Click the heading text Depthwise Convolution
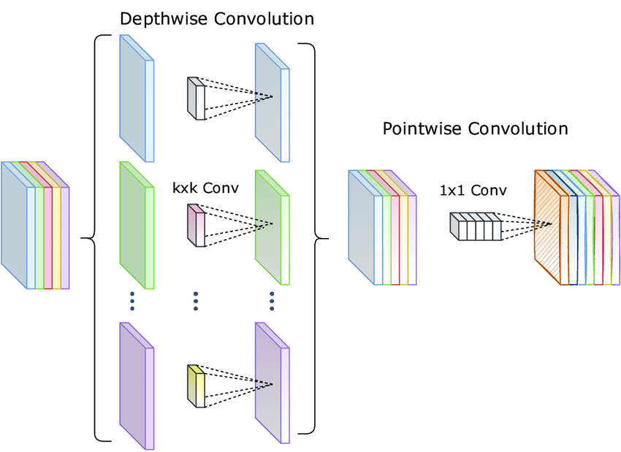click(217, 18)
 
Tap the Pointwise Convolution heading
click(475, 129)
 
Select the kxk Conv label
click(205, 188)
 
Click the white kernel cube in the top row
click(197, 98)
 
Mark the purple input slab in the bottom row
click(136, 385)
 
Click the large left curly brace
click(92, 238)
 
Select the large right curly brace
click(317, 238)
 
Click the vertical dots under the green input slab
click(132, 300)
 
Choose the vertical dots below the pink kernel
click(196, 300)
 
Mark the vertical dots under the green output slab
click(272, 300)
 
